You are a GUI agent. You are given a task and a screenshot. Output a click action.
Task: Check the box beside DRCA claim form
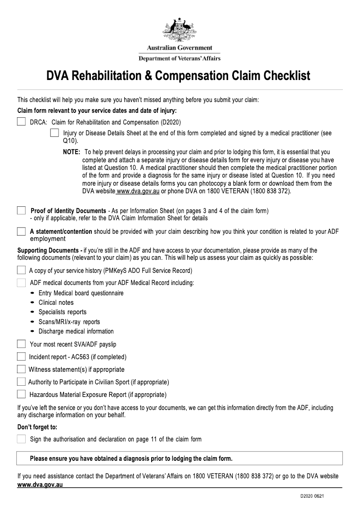click(21, 121)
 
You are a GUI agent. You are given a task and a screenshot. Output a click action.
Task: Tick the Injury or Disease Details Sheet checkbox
click(54, 133)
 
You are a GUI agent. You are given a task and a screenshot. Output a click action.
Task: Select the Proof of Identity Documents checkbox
click(21, 210)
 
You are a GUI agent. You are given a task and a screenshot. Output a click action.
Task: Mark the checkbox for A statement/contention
click(21, 231)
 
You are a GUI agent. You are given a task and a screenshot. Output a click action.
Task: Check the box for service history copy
click(21, 270)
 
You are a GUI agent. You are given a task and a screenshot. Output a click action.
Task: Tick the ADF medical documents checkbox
click(21, 283)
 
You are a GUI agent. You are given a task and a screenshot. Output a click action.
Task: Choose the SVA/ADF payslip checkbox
click(21, 344)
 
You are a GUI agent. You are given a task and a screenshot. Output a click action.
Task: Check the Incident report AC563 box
click(21, 356)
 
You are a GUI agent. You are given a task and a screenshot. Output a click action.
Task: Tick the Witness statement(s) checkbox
click(21, 369)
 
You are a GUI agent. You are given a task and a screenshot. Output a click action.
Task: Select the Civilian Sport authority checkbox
click(21, 382)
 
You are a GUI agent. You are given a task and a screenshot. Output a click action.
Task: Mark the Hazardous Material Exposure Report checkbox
click(21, 394)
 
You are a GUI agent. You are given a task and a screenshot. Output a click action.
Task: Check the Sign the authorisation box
click(21, 439)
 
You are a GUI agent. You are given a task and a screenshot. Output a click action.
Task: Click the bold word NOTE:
click(72, 152)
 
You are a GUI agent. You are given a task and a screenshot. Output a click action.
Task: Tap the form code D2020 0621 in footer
click(313, 496)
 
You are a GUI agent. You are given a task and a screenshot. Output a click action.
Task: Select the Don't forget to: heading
click(37, 427)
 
